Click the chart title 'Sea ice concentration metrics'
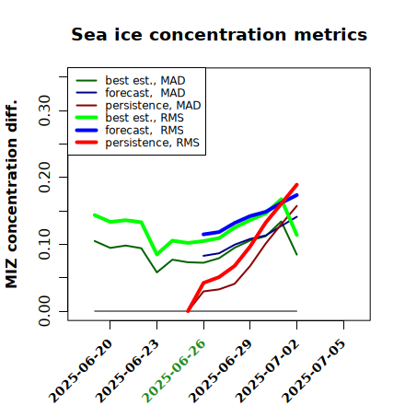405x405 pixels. tap(219, 34)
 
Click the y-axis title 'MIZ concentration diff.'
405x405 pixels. tap(11, 194)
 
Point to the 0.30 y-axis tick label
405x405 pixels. tap(45, 110)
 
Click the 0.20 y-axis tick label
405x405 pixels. tap(45, 178)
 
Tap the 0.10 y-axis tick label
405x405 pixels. tap(45, 244)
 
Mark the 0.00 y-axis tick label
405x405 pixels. tap(45, 311)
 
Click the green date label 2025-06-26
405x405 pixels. tap(174, 371)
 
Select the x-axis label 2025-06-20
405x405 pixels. tap(80, 371)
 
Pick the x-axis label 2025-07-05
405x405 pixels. tap(314, 371)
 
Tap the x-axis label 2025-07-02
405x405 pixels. tap(267, 371)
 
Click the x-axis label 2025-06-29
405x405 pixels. tap(220, 371)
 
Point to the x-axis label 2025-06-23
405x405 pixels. tap(127, 371)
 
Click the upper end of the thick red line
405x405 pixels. tap(297, 184)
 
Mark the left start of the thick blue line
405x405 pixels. tap(203, 235)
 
